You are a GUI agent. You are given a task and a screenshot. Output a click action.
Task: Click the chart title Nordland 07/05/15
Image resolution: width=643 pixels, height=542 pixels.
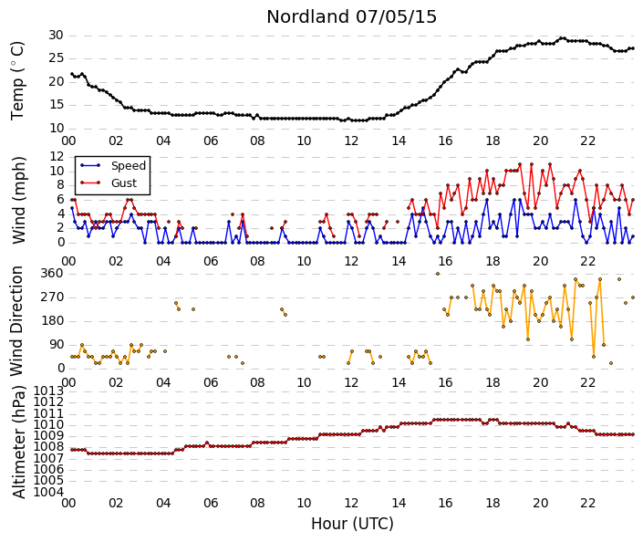pos(351,16)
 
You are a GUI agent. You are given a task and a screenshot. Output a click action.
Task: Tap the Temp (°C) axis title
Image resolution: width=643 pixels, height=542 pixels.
pos(17,81)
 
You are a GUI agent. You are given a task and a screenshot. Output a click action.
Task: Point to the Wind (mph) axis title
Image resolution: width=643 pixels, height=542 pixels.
pos(19,200)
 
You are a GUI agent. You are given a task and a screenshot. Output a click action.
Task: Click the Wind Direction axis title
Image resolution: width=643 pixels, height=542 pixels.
pos(16,321)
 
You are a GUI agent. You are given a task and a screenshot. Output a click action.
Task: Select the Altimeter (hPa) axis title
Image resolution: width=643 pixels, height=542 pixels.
pos(19,442)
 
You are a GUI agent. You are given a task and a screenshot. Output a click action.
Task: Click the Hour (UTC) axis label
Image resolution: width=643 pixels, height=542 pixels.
pos(352,524)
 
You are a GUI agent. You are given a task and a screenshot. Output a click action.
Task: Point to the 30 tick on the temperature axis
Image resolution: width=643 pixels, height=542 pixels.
pos(56,36)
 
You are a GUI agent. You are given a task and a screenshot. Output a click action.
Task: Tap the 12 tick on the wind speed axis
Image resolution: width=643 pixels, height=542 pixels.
pos(57,156)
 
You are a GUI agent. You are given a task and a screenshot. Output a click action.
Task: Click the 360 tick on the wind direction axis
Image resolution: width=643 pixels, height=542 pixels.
pos(52,273)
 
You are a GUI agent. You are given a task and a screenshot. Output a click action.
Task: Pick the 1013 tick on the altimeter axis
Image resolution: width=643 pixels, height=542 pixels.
pos(49,391)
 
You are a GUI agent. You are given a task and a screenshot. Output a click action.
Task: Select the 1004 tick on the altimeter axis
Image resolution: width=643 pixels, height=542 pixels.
pos(49,492)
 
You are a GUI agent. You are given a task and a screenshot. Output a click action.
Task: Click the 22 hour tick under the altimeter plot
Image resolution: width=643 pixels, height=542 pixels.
pos(587,503)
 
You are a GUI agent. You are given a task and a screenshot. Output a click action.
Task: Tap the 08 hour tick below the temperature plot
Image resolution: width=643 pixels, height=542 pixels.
pos(257,141)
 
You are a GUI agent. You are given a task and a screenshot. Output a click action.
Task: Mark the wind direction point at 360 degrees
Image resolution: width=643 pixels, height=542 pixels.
pos(438,274)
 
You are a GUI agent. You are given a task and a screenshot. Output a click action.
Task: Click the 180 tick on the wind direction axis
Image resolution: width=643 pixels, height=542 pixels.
pos(52,321)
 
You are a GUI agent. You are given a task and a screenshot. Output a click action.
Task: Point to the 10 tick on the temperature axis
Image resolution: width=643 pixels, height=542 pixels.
pos(57,129)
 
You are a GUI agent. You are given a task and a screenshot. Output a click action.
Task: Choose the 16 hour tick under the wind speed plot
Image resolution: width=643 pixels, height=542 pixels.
pos(445,261)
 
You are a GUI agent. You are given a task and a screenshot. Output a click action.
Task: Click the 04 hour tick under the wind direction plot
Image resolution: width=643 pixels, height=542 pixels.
pos(163,382)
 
